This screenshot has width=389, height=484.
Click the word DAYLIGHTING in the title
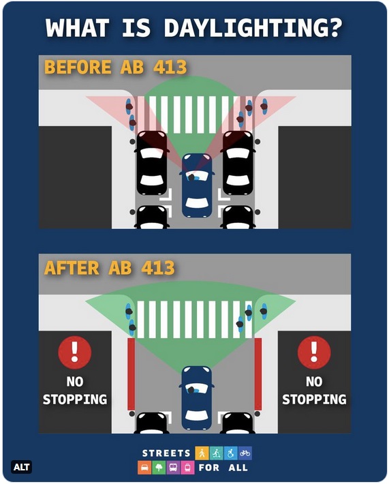click(x=253, y=28)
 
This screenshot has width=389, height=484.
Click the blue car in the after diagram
click(x=197, y=397)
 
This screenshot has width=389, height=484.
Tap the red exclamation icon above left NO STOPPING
click(x=74, y=352)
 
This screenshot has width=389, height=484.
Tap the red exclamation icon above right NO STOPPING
click(x=314, y=352)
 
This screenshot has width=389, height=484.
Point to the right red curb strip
click(x=258, y=374)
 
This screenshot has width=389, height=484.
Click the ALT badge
click(x=21, y=467)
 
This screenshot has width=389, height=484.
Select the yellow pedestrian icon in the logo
click(x=202, y=453)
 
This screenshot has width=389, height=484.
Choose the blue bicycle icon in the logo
click(x=245, y=453)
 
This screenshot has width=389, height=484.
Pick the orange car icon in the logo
click(x=144, y=468)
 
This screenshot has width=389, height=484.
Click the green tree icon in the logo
click(x=159, y=468)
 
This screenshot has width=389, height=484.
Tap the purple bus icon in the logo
click(x=173, y=468)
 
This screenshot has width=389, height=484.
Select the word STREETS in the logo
click(x=166, y=453)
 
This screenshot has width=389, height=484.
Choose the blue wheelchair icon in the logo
click(x=231, y=453)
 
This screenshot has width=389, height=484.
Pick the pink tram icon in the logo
click(x=187, y=468)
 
